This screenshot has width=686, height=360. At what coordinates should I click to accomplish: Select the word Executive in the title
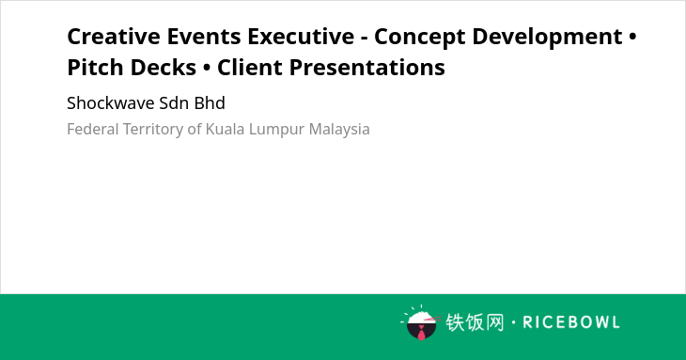[x=301, y=37]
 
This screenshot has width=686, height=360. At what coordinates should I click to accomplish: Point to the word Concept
[x=419, y=38]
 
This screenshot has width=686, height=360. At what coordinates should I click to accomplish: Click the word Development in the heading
[x=547, y=38]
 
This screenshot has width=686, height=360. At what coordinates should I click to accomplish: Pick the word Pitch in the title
[x=95, y=68]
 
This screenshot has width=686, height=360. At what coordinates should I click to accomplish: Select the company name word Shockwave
[x=111, y=103]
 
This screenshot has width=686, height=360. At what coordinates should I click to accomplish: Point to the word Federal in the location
[x=93, y=129]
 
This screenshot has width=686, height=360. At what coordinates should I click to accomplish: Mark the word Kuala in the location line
[x=226, y=129]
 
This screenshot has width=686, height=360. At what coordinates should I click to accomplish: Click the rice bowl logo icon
[x=421, y=322]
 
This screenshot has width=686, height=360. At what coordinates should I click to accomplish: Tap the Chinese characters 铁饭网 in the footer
[x=475, y=322]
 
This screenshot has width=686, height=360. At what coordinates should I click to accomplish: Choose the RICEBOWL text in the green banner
[x=571, y=322]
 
